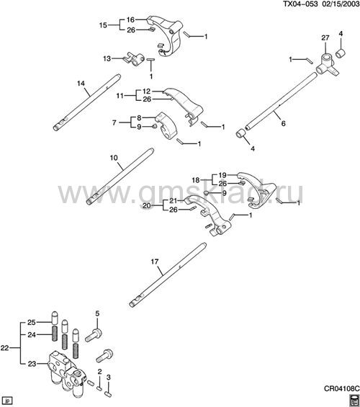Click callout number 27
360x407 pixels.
click(x=325, y=38)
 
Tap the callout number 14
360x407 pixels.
click(x=81, y=84)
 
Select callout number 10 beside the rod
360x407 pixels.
click(x=114, y=158)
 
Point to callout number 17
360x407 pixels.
click(x=155, y=261)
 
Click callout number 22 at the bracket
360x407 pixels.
click(x=4, y=348)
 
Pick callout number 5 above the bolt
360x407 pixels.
click(x=97, y=313)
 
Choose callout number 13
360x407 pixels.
click(x=107, y=58)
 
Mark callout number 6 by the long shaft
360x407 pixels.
click(x=283, y=123)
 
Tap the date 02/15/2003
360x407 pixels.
click(x=341, y=4)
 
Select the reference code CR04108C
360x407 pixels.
click(x=342, y=388)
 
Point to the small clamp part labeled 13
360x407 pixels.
click(x=134, y=60)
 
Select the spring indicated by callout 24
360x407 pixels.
click(x=55, y=333)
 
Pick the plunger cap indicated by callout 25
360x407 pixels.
click(x=55, y=318)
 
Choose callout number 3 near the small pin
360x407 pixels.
click(x=109, y=377)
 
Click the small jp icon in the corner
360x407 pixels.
click(x=7, y=400)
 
